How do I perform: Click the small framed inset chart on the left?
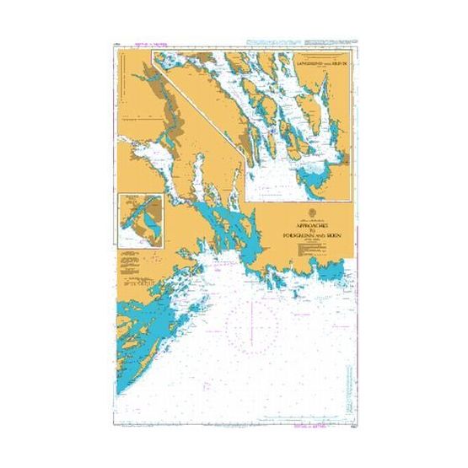(139, 219)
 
